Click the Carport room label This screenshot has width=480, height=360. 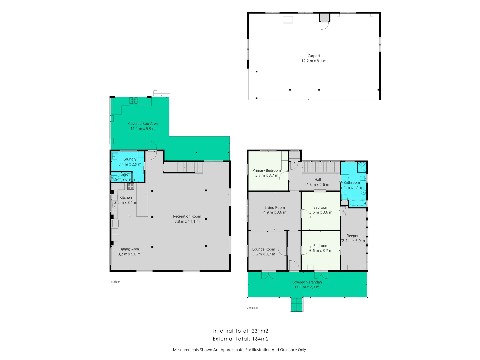click(314, 56)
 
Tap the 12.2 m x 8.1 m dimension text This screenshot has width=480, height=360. click(314, 61)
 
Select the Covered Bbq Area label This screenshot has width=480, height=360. click(143, 124)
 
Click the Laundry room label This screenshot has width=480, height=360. click(130, 159)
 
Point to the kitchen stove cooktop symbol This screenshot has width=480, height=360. click(131, 186)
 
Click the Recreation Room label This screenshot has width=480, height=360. click(187, 216)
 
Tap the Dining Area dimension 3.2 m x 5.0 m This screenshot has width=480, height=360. click(129, 254)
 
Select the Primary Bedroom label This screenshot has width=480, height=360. click(266, 171)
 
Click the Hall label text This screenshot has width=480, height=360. click(317, 180)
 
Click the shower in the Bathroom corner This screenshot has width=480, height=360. click(362, 167)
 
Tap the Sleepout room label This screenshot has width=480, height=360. click(353, 236)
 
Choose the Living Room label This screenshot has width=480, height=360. click(275, 208)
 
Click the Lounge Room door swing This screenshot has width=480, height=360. click(283, 251)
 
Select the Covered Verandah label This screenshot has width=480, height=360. click(307, 282)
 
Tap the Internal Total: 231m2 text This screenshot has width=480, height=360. click(241, 331)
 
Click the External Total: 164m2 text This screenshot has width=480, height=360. click(241, 339)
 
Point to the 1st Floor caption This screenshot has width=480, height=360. click(115, 282)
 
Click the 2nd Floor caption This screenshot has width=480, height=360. click(252, 308)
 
